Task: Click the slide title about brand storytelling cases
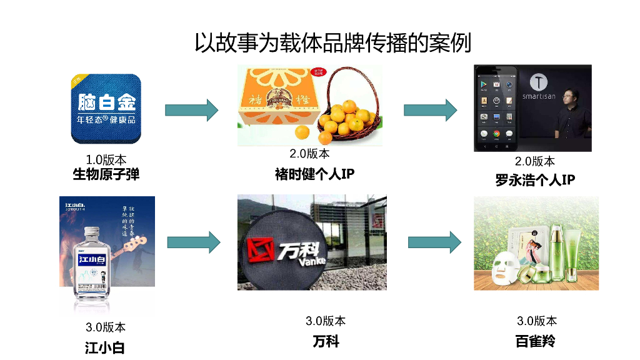click(x=332, y=43)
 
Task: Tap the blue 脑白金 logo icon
click(x=106, y=109)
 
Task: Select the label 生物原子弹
click(x=106, y=174)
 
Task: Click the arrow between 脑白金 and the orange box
click(x=191, y=111)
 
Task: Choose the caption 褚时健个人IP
click(x=314, y=174)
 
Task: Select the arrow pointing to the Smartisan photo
click(x=431, y=110)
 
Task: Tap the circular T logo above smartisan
click(x=539, y=82)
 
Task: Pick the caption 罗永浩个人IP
click(x=535, y=180)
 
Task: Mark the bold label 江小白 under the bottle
click(x=105, y=347)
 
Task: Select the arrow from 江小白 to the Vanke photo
click(x=194, y=242)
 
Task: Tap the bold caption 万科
click(x=326, y=342)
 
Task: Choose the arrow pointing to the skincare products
click(x=434, y=242)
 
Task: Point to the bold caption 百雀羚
click(x=535, y=341)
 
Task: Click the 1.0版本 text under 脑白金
click(x=106, y=160)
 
